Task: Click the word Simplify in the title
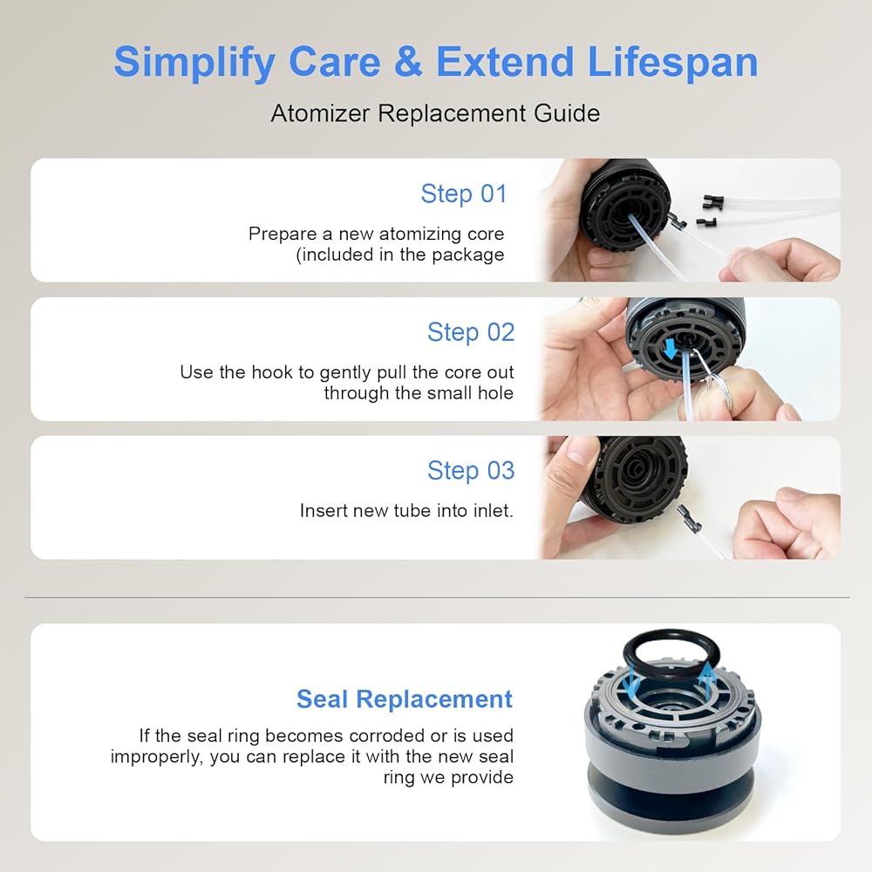194,63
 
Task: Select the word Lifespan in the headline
672,63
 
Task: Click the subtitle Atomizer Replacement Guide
435,113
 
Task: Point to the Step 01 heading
464,194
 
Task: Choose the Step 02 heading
471,332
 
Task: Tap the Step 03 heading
471,471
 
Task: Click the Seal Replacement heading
405,699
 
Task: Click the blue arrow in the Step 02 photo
671,349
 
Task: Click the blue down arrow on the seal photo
631,683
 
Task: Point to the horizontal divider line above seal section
437,598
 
